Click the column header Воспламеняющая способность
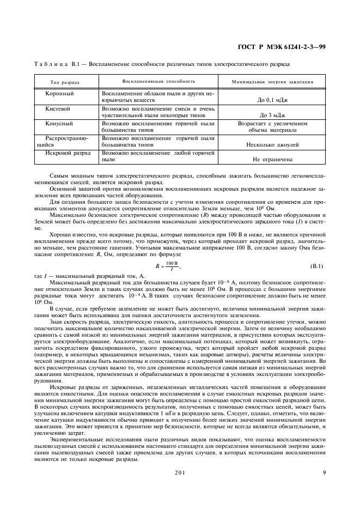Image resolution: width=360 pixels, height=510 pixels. pos(158,81)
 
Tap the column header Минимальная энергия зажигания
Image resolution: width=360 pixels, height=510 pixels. pos(272,82)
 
